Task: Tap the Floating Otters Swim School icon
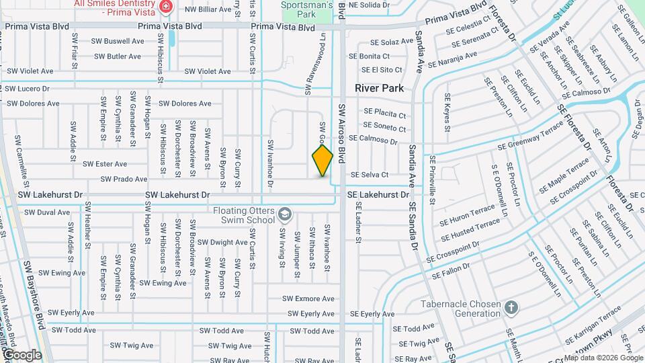tap(286, 214)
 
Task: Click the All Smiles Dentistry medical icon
tap(165, 7)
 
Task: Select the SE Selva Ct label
tap(370, 175)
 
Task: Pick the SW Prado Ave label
tap(124, 179)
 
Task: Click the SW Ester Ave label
tap(105, 164)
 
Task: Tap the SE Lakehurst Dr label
tap(378, 195)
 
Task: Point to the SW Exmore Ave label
tap(308, 298)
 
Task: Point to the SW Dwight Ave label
tap(219, 243)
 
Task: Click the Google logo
tap(21, 355)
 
